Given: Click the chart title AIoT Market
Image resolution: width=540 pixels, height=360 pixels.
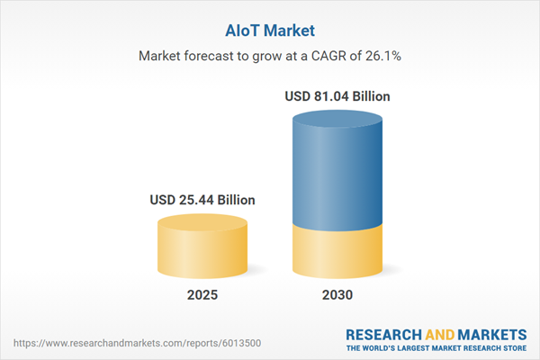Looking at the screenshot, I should coord(269,29).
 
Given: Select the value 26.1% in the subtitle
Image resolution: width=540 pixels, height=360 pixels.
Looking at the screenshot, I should coord(382,56).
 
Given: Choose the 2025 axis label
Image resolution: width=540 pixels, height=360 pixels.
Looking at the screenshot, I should coord(202,295).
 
